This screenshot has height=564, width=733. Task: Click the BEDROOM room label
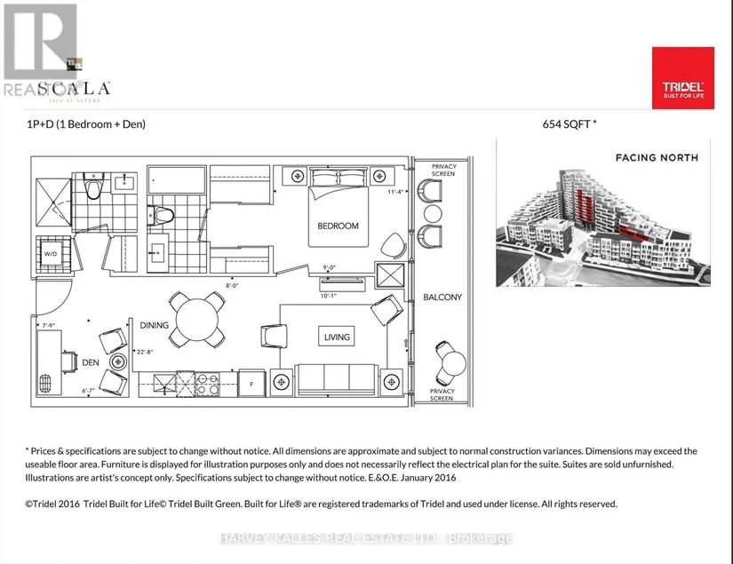pos(338,226)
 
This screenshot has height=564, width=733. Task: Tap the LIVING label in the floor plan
pos(337,337)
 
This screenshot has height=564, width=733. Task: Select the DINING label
pos(154,325)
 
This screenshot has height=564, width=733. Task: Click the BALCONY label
pos(442,297)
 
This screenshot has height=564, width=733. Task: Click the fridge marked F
pos(252,384)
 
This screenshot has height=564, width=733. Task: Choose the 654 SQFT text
pos(569,125)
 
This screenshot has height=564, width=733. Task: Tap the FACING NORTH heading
pos(657,158)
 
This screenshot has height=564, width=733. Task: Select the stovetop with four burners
pos(207,384)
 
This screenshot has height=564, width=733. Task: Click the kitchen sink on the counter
pos(166,384)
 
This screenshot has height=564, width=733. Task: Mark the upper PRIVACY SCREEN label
pos(442,170)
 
